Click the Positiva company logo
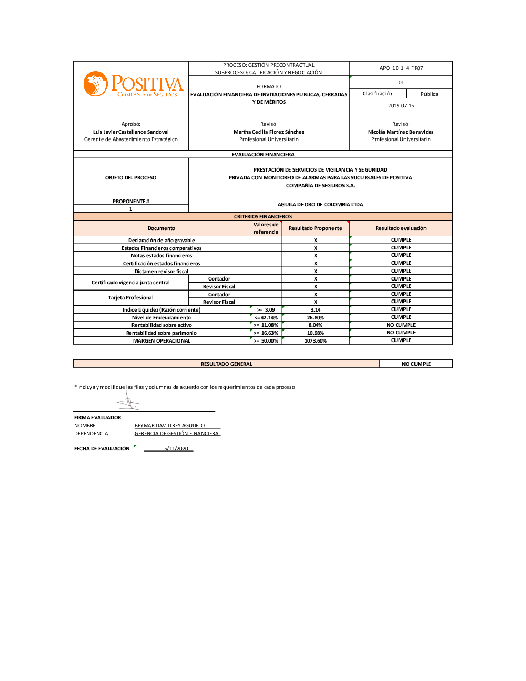point(133,85)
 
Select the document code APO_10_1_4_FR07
point(401,68)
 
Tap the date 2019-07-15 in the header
point(401,106)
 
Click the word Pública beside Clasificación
point(429,94)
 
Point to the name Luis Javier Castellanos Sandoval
point(131,132)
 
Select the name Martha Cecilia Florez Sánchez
point(269,132)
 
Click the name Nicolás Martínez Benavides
point(401,132)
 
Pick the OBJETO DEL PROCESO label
point(131,178)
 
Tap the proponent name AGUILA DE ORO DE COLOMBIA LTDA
point(320,205)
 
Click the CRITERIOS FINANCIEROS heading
point(263,217)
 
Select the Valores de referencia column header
point(266,228)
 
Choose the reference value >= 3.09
point(266,310)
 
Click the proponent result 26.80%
point(316,318)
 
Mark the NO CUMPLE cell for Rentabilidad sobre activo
point(401,325)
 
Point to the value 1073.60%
point(316,341)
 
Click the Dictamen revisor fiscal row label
point(161,272)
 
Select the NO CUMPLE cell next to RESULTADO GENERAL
point(416,364)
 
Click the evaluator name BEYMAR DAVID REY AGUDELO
point(169,426)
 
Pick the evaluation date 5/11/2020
point(176,449)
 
